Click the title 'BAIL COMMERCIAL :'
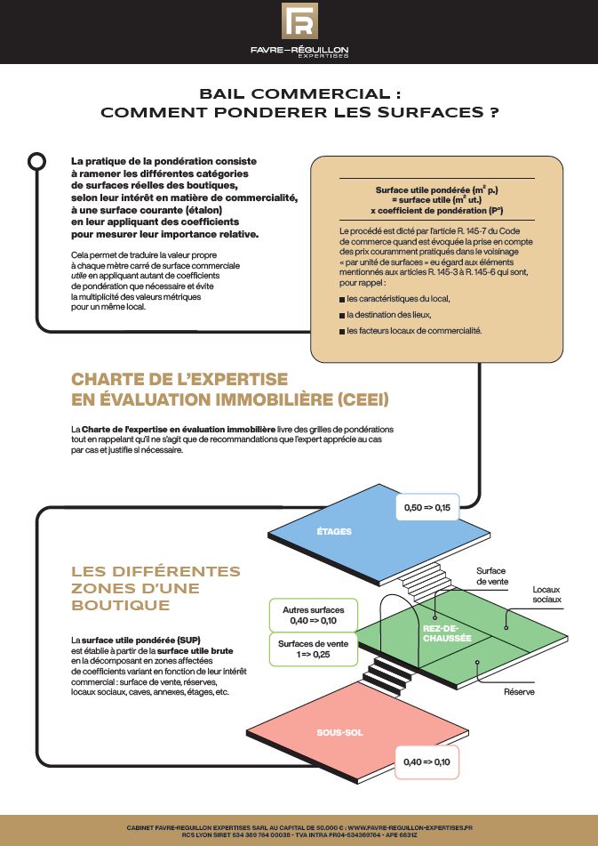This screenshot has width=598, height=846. pyautogui.click(x=299, y=92)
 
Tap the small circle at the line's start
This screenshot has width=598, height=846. pyautogui.click(x=37, y=161)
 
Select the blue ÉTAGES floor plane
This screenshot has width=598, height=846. pyautogui.click(x=333, y=531)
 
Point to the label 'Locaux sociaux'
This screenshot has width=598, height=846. pyautogui.click(x=546, y=595)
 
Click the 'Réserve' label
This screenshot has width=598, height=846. pyautogui.click(x=519, y=691)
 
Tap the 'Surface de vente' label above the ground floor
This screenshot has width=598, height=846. pyautogui.click(x=491, y=576)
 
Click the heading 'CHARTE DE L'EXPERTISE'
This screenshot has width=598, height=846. pyautogui.click(x=179, y=379)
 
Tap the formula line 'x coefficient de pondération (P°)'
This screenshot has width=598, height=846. pyautogui.click(x=436, y=211)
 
